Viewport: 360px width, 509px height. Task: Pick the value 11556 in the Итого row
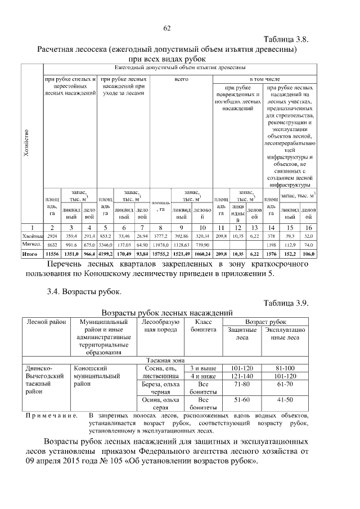tap(52, 254)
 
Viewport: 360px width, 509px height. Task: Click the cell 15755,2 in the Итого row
tap(161, 254)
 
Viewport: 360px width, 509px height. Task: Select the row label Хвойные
tap(32, 236)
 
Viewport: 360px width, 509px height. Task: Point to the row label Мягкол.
tap(32, 245)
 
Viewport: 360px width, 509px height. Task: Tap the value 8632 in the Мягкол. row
tap(52, 245)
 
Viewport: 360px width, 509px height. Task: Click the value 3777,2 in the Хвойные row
tap(161, 236)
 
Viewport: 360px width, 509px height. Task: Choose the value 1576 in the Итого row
tap(271, 254)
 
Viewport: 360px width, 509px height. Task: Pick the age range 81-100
tap(285, 368)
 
